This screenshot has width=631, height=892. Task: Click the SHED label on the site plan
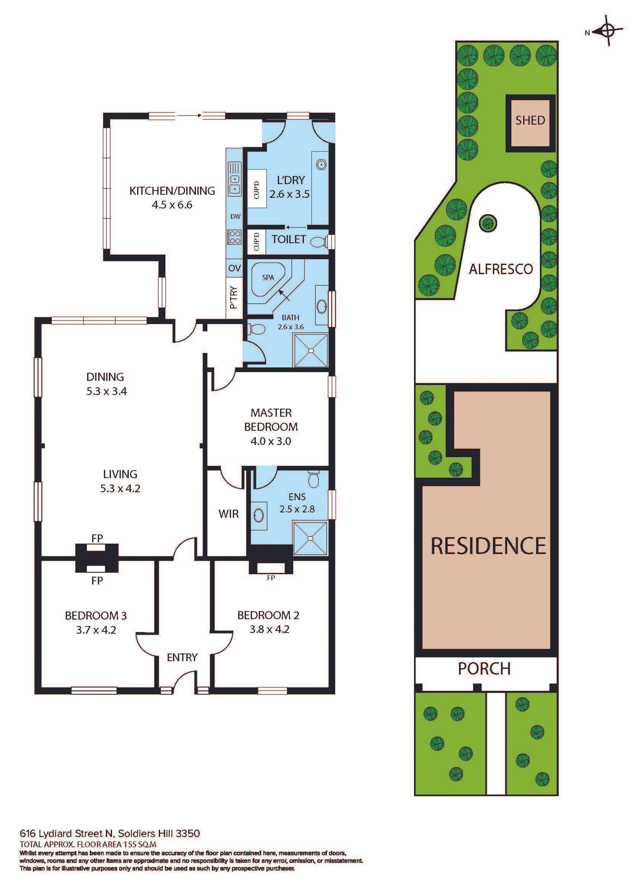click(x=530, y=120)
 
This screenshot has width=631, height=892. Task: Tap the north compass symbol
click(x=608, y=31)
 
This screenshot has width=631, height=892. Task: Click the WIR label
click(x=229, y=514)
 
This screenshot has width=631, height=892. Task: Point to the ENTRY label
click(x=182, y=657)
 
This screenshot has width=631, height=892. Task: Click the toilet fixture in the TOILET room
click(x=318, y=242)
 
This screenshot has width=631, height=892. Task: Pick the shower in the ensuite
click(x=310, y=538)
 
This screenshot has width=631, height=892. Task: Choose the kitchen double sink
click(x=235, y=178)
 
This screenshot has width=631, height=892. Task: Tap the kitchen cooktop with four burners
click(x=234, y=237)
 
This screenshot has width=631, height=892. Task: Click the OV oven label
click(x=234, y=268)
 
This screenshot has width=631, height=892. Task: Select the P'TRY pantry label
click(x=234, y=298)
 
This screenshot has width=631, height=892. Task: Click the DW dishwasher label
click(x=236, y=216)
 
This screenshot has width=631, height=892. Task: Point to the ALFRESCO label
click(x=500, y=269)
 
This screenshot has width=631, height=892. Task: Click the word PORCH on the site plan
click(x=484, y=669)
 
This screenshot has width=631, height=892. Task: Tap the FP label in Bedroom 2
click(x=271, y=578)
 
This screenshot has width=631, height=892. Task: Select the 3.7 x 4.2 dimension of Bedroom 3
click(x=96, y=630)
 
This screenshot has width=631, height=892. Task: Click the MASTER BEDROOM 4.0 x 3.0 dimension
click(x=271, y=441)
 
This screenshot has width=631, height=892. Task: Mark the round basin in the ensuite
click(x=259, y=515)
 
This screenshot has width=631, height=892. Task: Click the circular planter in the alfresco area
click(x=487, y=223)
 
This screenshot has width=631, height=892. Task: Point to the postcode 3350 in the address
click(x=188, y=833)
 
